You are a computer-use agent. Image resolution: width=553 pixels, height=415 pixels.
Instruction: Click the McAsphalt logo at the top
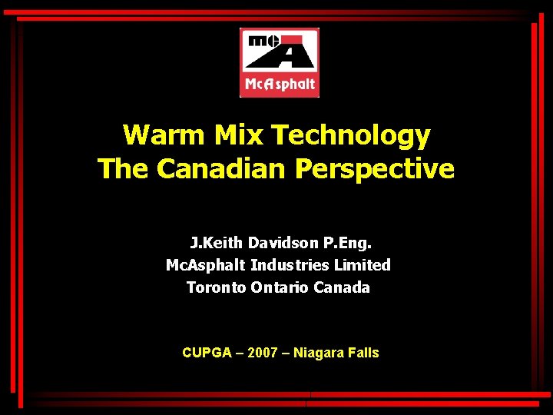[280, 62]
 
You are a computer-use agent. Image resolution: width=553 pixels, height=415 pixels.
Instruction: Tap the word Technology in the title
[351, 135]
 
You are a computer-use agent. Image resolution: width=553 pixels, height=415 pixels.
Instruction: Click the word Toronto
[216, 287]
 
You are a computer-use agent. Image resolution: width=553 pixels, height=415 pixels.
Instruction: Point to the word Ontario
[279, 287]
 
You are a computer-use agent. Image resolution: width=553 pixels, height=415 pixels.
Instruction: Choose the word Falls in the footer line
[364, 353]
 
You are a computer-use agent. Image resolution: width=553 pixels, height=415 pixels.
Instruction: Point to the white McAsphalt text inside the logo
[280, 84]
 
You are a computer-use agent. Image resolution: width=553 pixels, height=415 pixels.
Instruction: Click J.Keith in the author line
[217, 244]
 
